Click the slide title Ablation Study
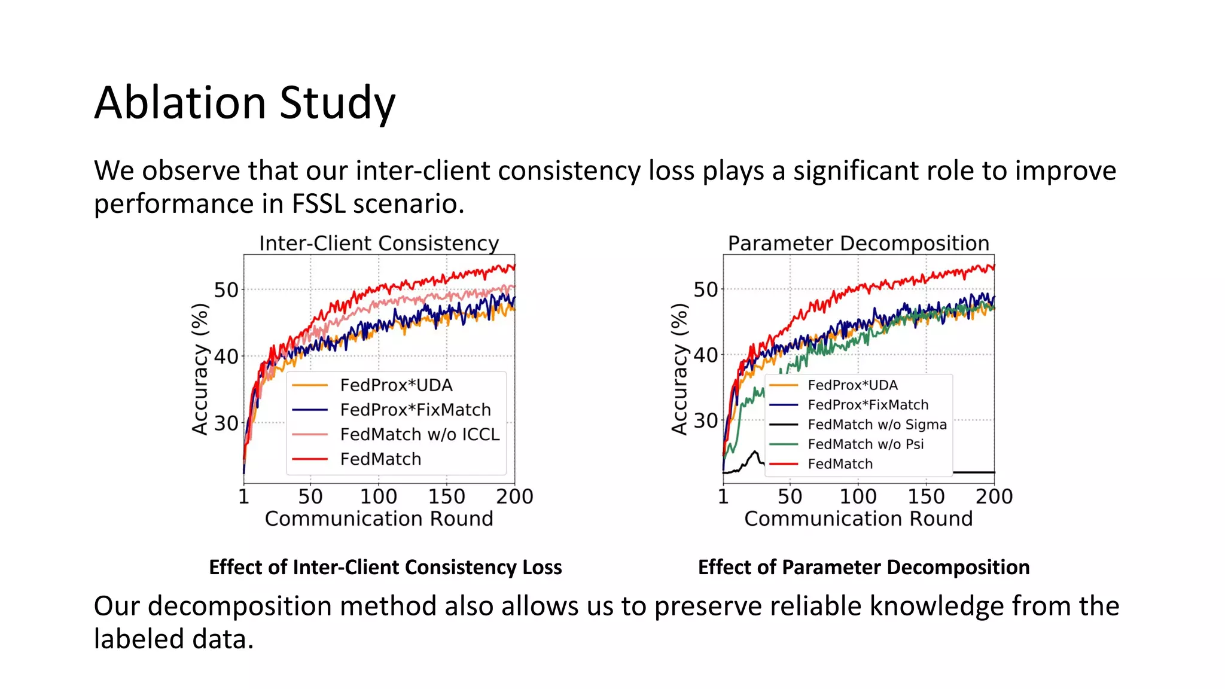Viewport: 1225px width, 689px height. (245, 103)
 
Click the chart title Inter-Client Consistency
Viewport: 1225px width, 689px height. (379, 243)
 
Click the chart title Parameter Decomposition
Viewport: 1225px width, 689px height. (858, 243)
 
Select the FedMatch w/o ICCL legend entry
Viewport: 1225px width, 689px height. (419, 434)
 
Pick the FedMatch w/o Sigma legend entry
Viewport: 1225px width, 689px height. (877, 425)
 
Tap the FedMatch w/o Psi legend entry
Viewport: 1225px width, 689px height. (865, 444)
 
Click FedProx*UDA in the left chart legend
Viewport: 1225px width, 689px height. (396, 385)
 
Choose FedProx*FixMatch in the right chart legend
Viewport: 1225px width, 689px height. (867, 405)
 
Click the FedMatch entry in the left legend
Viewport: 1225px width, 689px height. (380, 459)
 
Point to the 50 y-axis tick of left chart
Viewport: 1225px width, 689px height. (226, 291)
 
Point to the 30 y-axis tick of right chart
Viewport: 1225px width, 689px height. (705, 421)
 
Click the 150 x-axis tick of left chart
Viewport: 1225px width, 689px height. (446, 496)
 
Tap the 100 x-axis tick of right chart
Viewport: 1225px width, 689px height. (858, 496)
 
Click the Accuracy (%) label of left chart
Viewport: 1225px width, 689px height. (200, 369)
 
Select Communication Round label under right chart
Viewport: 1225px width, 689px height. (858, 519)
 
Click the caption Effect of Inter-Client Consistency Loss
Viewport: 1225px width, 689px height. (385, 567)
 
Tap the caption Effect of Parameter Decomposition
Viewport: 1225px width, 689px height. (864, 567)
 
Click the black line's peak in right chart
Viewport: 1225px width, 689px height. (755, 452)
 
